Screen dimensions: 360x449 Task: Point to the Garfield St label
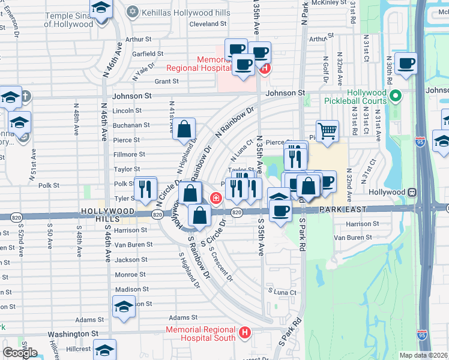tap(148, 53)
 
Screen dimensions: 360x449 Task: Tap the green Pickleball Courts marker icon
tap(395, 95)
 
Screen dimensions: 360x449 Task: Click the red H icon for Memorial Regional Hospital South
tap(244, 332)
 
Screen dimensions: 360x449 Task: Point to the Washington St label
tap(73, 334)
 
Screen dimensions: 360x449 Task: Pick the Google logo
tap(20, 353)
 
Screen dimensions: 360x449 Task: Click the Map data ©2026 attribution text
tap(423, 355)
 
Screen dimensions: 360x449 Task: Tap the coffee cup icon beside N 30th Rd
tap(406, 63)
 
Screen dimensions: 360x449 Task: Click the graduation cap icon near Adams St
tap(124, 307)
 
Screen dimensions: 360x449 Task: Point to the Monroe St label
tap(127, 274)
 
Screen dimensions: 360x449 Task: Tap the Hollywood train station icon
tap(412, 193)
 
